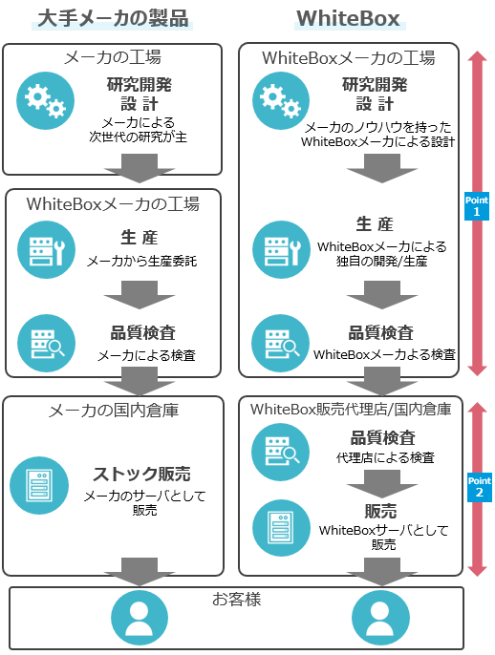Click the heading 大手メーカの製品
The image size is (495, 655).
coord(113,18)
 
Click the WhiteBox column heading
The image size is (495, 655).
coord(348,18)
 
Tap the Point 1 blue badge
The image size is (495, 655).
coord(477,206)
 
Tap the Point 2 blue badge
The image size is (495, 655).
coord(480,487)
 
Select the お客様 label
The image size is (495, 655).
coord(237,599)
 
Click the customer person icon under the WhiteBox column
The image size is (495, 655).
coord(380,618)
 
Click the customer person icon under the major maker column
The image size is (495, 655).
coord(140,618)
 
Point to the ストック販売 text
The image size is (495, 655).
coord(141,475)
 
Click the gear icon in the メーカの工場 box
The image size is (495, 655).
coord(45,100)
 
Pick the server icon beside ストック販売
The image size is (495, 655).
coord(39,485)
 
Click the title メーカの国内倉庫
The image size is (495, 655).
coord(114,411)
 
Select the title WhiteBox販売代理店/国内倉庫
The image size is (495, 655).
coord(351,410)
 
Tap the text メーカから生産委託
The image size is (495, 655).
coord(141,262)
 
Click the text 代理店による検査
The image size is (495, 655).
coord(385,458)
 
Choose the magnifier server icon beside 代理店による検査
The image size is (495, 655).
coord(280,452)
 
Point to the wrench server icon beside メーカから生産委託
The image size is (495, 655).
coord(47,250)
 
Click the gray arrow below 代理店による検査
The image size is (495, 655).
coord(381,484)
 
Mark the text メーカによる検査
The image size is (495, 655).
coord(146,355)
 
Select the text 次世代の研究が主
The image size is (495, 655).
coord(138,137)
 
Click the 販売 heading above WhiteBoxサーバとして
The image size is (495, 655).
coord(380,511)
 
